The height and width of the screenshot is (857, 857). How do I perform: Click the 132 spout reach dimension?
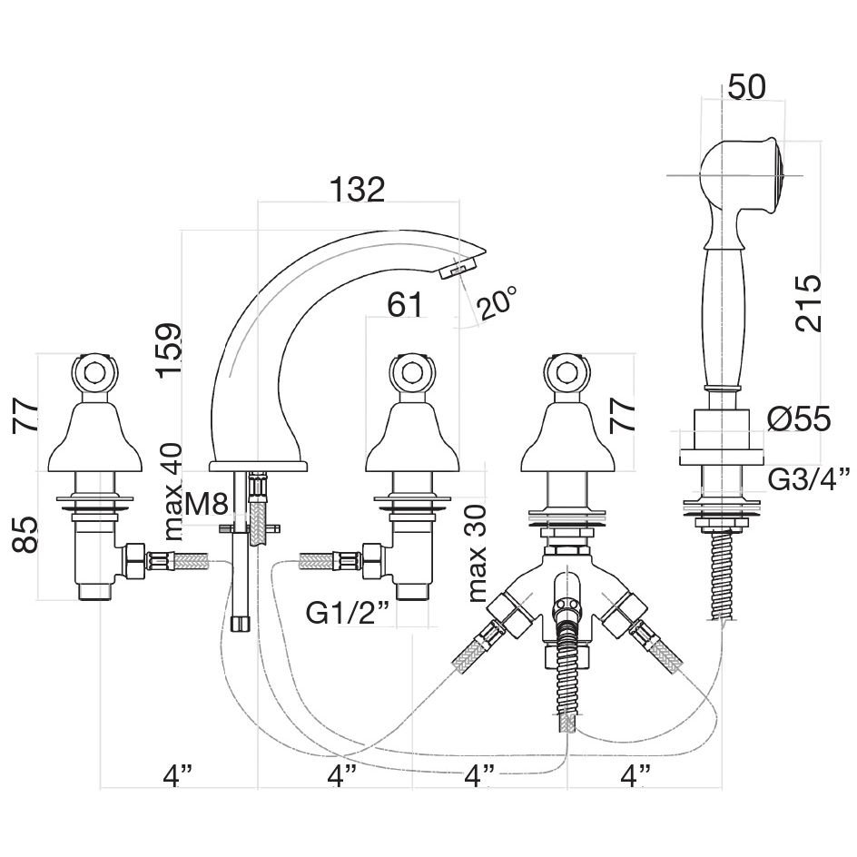tap(357, 190)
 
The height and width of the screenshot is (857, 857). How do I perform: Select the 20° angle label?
tap(498, 301)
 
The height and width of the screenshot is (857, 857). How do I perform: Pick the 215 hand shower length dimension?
tap(806, 303)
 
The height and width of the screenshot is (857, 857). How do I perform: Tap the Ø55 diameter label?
tap(798, 419)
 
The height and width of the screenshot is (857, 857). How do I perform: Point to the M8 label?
tap(206, 504)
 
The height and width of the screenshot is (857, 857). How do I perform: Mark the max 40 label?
tap(171, 490)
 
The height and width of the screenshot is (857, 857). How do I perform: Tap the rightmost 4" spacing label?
tap(639, 777)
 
